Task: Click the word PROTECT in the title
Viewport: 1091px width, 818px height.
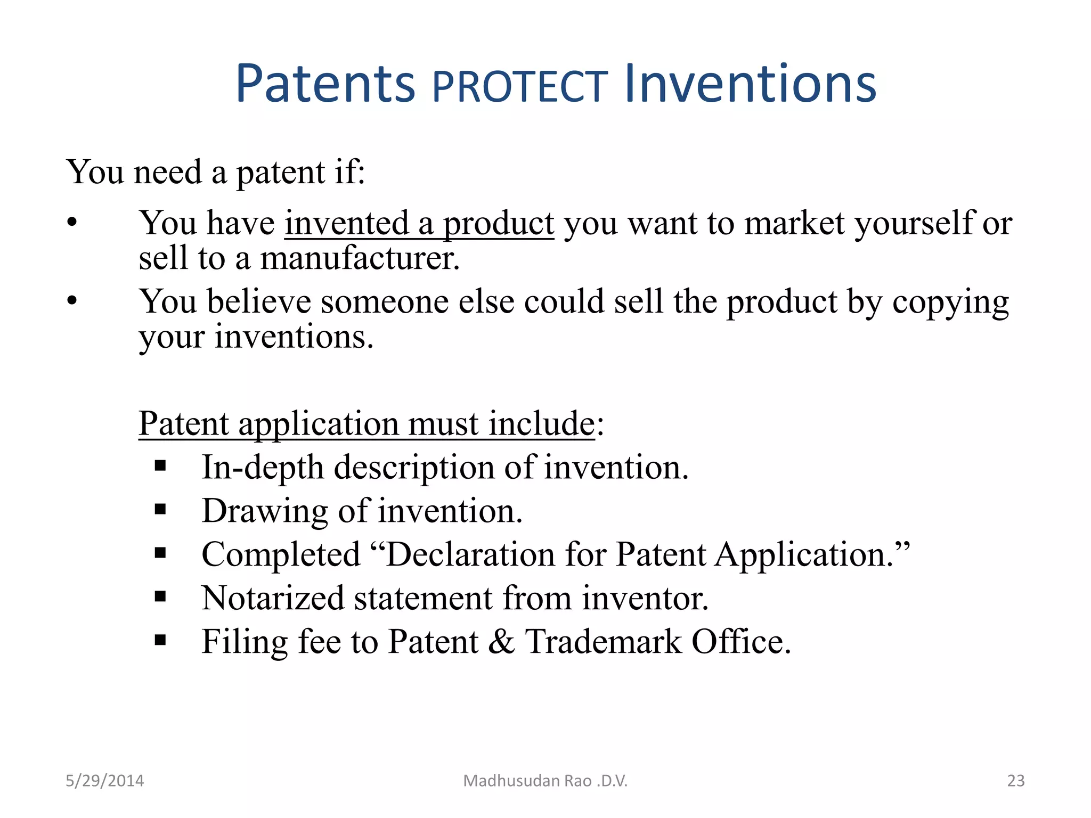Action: tap(519, 87)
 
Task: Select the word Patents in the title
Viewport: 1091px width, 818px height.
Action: tap(325, 85)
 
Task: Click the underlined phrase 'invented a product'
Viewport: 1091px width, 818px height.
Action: tap(419, 223)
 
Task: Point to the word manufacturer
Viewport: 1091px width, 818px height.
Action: tap(360, 258)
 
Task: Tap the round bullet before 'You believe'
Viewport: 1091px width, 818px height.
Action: tap(72, 301)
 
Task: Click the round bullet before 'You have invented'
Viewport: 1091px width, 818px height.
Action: tap(72, 223)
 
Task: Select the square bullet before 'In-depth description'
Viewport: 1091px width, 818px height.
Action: tap(160, 467)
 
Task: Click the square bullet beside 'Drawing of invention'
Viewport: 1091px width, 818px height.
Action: tap(160, 510)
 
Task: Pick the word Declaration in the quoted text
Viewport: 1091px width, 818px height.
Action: tap(470, 554)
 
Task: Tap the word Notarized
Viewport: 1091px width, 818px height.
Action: tap(273, 598)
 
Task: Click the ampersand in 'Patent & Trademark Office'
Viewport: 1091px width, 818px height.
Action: tap(501, 641)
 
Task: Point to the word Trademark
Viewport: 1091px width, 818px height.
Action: tap(603, 641)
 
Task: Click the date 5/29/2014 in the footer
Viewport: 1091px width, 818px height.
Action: tap(104, 781)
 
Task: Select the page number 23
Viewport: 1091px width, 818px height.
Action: tap(1015, 781)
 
